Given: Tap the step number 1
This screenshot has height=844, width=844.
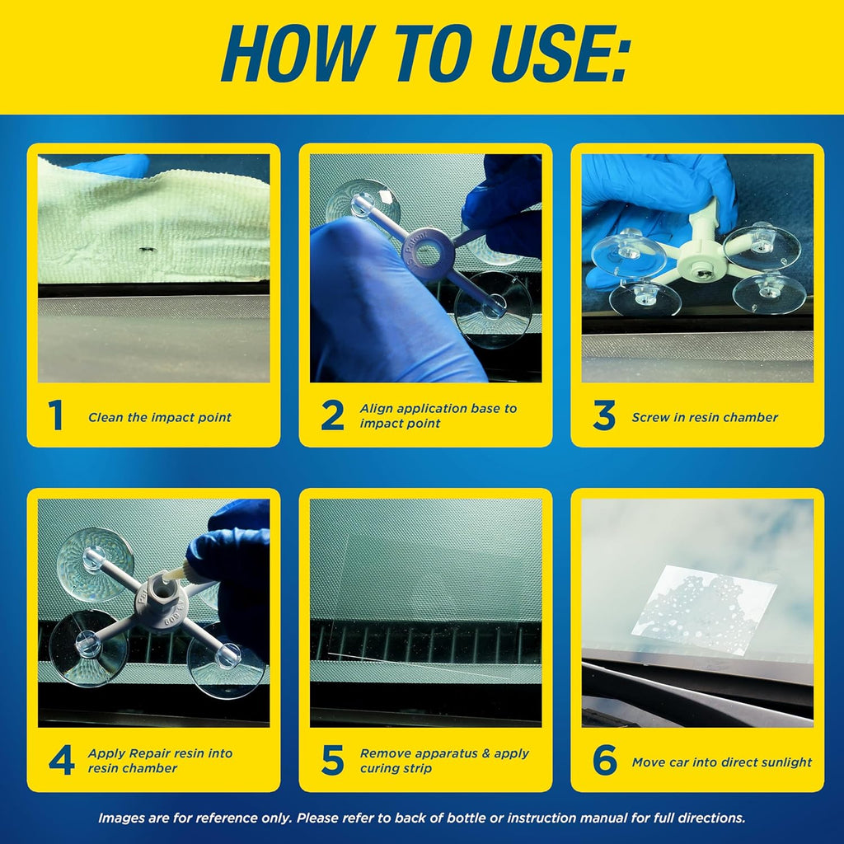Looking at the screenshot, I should coord(55,416).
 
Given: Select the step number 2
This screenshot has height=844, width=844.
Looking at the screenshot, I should coord(332,416).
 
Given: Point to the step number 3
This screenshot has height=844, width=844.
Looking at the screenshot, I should coord(603,416).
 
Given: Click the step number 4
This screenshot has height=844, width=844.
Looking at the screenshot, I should coord(61,761).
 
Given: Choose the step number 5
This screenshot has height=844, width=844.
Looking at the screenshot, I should coord(332,761).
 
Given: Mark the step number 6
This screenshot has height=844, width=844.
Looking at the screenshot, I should coord(604,761).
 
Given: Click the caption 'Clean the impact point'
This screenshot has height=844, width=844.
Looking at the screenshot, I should coord(160,418).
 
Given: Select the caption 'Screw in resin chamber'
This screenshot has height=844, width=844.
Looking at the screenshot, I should coord(705,418).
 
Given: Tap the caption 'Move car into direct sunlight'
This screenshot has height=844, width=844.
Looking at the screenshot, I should coord(721,762).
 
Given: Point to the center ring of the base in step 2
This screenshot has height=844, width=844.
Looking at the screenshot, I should coord(427,253).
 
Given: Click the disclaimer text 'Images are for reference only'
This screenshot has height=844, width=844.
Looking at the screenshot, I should coord(422,818).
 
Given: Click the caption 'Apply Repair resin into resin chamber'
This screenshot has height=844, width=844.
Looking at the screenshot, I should coord(160,761).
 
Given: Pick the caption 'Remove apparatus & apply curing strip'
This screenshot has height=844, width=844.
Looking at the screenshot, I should coord(444,761).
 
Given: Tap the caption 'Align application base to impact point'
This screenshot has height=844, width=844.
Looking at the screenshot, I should coord(438,416).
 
